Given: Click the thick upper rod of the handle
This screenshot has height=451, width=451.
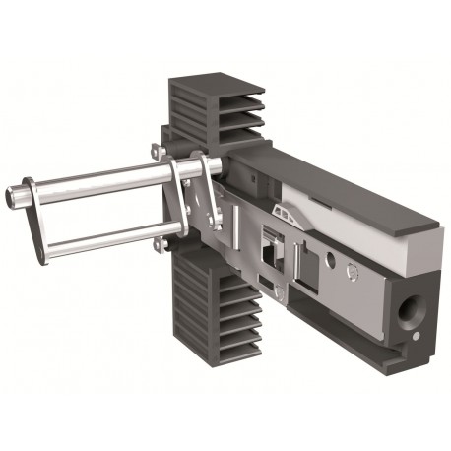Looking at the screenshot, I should pos(98,181).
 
